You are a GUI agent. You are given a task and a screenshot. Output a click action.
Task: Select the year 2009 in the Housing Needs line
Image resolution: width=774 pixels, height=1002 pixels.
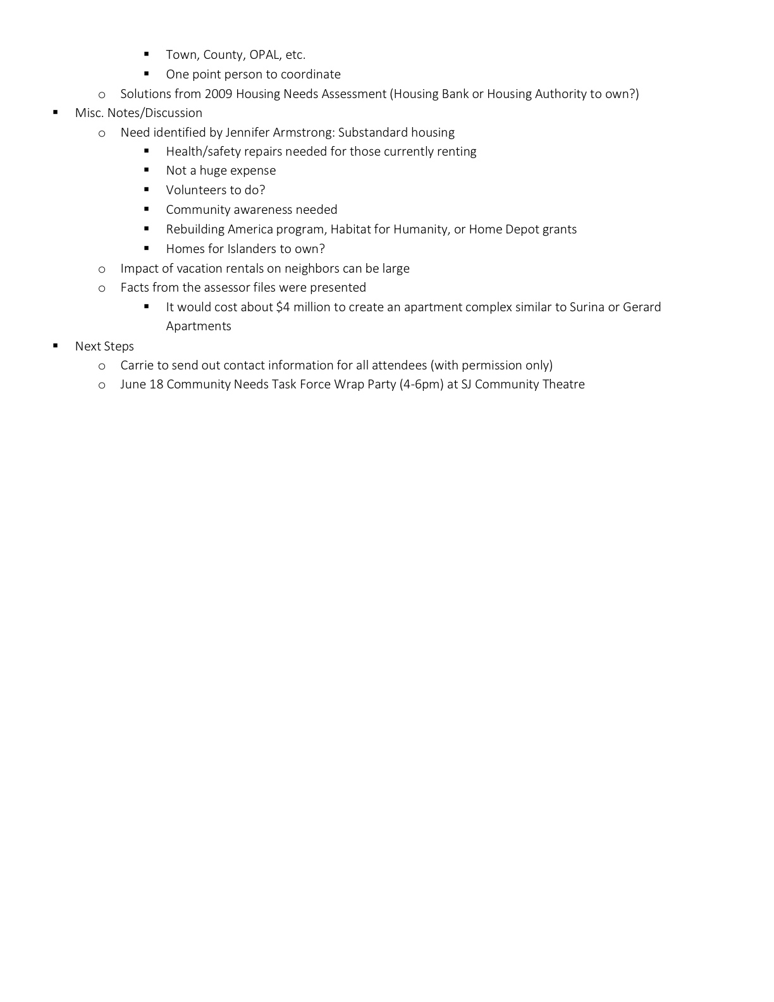[x=218, y=94]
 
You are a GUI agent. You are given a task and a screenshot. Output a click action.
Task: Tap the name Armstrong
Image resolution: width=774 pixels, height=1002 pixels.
[x=304, y=133]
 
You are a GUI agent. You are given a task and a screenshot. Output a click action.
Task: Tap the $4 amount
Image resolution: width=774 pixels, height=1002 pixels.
[x=283, y=307]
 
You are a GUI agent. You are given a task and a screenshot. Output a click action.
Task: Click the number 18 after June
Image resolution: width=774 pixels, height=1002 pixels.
[x=156, y=385]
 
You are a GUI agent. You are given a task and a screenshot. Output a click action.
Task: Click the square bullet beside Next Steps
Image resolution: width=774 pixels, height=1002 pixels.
[x=56, y=345]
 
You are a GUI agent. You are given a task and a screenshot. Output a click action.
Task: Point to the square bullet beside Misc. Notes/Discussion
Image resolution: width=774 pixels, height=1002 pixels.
[x=56, y=112]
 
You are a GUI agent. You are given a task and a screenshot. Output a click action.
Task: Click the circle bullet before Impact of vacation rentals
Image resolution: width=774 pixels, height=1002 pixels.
[x=102, y=269]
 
